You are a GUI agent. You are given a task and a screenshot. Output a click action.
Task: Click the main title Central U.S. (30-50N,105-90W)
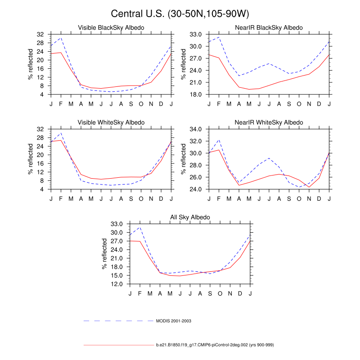coord(180,14)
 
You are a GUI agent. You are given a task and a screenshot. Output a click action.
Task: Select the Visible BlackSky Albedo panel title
coord(111,27)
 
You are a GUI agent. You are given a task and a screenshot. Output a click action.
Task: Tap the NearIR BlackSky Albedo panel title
coord(269,27)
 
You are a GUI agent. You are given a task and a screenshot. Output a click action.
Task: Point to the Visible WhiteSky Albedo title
coord(111,122)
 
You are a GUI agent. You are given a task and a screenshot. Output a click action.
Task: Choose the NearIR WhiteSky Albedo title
coord(269,122)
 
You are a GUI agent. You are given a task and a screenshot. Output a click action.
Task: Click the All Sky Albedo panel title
coord(190,217)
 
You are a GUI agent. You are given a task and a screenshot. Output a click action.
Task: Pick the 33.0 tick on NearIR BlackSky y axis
coord(195,34)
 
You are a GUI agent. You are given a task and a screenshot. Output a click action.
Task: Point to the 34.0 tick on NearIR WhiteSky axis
coord(195,129)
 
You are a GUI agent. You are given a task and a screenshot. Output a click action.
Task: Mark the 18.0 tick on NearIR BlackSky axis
coord(195,95)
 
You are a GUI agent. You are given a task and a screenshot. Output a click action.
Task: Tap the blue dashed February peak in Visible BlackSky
coord(61,38)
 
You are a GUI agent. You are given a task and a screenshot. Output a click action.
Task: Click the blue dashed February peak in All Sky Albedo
coord(140,227)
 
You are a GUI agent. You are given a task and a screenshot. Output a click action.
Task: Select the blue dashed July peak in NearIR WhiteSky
coord(269,158)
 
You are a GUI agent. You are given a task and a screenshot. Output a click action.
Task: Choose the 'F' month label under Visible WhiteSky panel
coord(61,198)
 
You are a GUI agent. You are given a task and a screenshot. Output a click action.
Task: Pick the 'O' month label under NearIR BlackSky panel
coord(299,103)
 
